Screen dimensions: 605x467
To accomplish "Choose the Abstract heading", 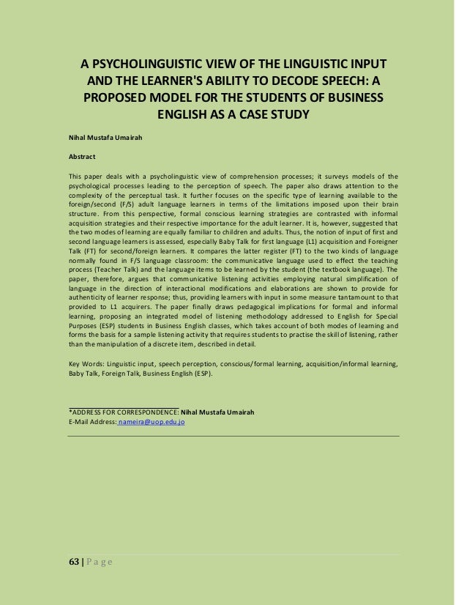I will pos(82,156).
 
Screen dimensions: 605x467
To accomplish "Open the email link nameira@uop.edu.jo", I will pos(153,423).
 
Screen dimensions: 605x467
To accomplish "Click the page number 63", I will pos(73,561).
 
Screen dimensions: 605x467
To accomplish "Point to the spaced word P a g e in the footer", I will pos(97,561).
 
